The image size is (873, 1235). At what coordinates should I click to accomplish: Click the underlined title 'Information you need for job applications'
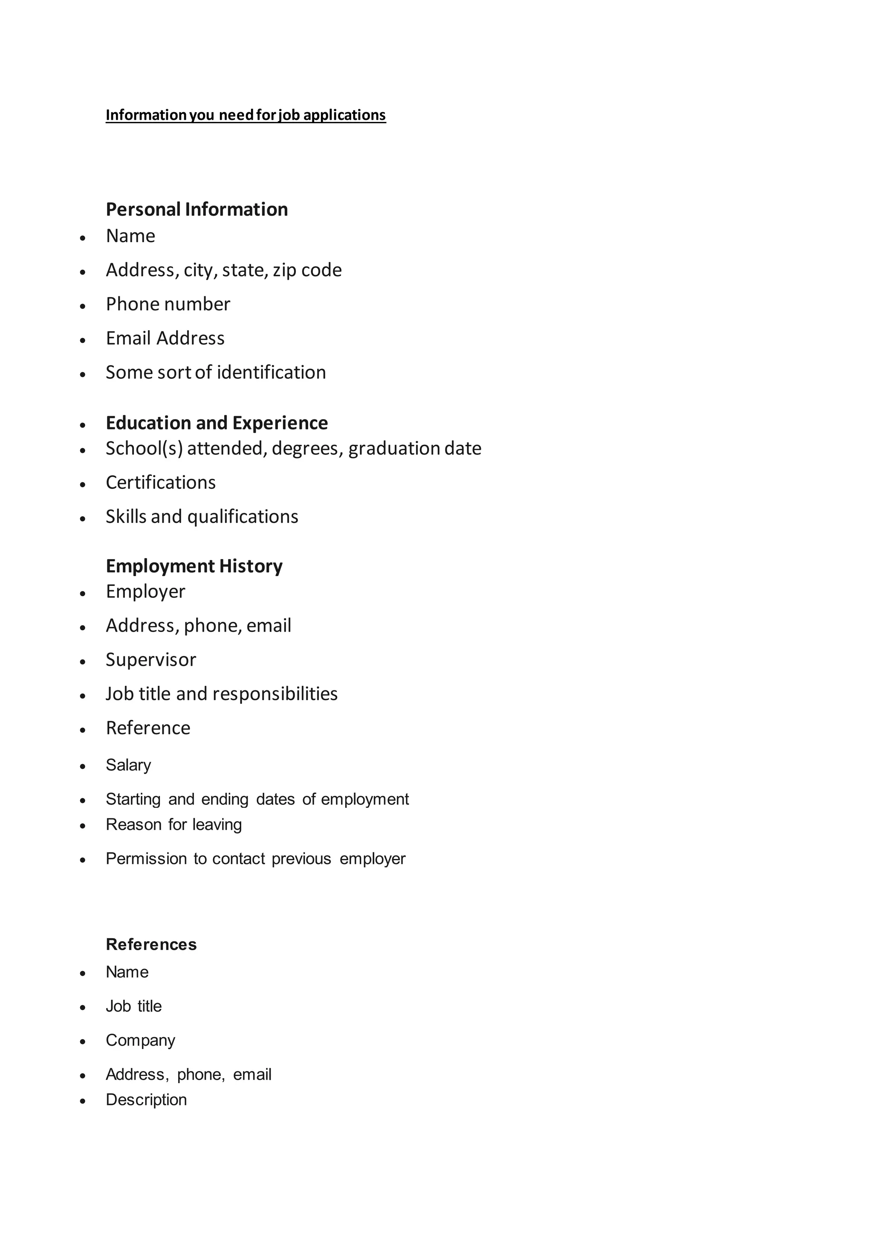[x=246, y=115]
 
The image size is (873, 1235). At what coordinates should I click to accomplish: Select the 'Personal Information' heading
[x=197, y=209]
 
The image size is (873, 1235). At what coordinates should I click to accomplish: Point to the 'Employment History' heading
[x=194, y=566]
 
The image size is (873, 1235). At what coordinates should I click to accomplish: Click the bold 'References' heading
[x=151, y=944]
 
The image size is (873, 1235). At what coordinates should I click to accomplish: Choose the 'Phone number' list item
[x=168, y=304]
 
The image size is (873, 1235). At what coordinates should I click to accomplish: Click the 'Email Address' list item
[x=165, y=338]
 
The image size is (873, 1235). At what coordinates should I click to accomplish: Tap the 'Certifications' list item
[x=161, y=482]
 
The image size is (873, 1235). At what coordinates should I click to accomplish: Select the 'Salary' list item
[x=128, y=765]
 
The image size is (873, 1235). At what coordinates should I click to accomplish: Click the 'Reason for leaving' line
[x=173, y=825]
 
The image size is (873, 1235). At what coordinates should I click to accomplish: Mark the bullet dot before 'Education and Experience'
[x=83, y=425]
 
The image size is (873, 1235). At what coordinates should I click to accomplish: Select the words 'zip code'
[x=307, y=270]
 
